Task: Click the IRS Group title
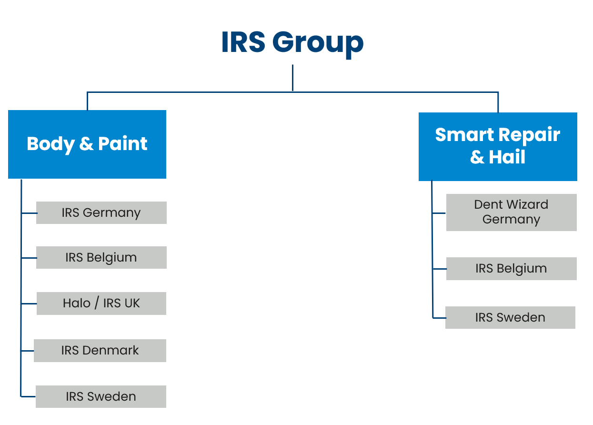click(x=292, y=43)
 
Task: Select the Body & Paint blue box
click(x=87, y=144)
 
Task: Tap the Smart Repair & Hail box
click(x=498, y=147)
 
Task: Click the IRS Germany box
click(x=101, y=212)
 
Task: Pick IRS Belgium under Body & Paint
click(x=101, y=257)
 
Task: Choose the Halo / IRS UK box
click(x=101, y=304)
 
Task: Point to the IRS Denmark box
click(x=100, y=351)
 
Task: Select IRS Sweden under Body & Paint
click(x=101, y=397)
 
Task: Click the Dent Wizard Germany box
click(x=512, y=212)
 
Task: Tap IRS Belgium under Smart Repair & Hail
click(x=512, y=269)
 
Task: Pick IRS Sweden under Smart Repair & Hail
click(x=510, y=317)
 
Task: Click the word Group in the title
click(x=318, y=44)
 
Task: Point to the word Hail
click(x=507, y=157)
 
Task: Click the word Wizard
click(x=527, y=204)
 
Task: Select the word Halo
click(x=77, y=303)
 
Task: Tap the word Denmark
click(x=111, y=350)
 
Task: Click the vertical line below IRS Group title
click(x=292, y=78)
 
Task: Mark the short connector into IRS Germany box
click(x=30, y=213)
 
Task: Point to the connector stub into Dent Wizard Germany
click(x=439, y=213)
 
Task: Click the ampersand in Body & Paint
click(x=86, y=144)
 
